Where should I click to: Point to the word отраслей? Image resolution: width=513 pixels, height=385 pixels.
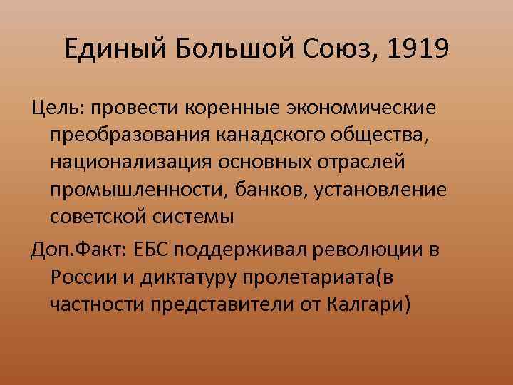pos(359,162)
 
